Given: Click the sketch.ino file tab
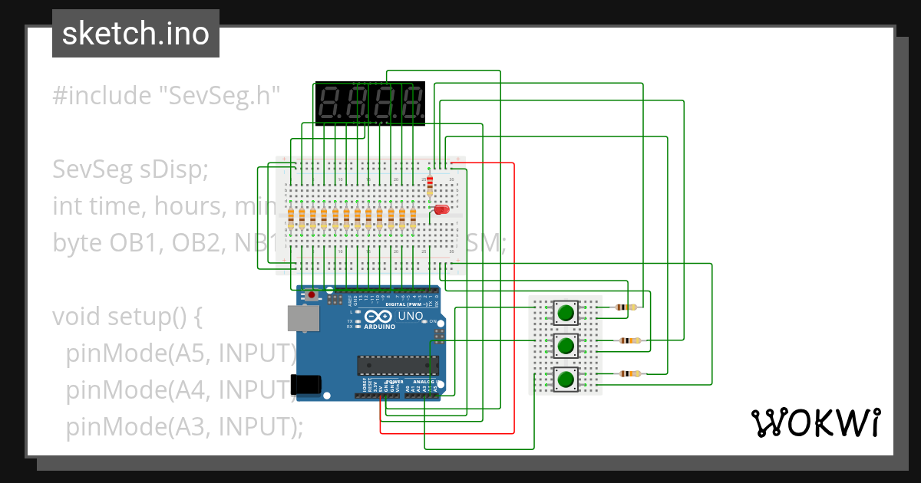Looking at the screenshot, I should click(x=135, y=34).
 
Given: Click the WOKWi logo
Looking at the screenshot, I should click(x=814, y=422).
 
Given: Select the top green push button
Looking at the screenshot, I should click(x=566, y=312).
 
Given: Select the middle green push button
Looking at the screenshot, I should click(x=566, y=345).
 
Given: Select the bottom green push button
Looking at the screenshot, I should click(x=566, y=379).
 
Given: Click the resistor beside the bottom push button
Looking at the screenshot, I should click(x=630, y=374).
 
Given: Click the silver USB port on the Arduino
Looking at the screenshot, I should click(x=301, y=318).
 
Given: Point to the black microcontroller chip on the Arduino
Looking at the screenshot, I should click(x=396, y=366).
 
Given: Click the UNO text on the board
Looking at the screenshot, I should click(x=411, y=316).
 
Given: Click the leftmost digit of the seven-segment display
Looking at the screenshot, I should click(x=332, y=105).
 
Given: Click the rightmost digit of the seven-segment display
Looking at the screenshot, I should click(x=413, y=105).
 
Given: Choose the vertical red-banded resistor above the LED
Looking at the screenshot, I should click(x=429, y=184).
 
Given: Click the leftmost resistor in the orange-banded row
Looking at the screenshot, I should click(x=291, y=219).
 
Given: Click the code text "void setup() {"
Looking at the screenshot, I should click(x=127, y=317).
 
